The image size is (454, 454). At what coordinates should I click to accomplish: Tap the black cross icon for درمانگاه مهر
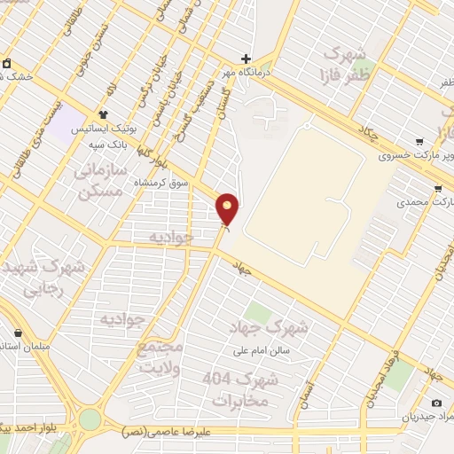[x=247, y=59]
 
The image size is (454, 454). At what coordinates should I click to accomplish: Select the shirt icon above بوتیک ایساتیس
[x=103, y=114]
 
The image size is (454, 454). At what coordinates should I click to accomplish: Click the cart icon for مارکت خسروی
[x=419, y=142]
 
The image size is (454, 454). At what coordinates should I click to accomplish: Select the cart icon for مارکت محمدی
[x=437, y=189]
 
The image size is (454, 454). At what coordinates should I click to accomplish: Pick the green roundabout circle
[x=90, y=419]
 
